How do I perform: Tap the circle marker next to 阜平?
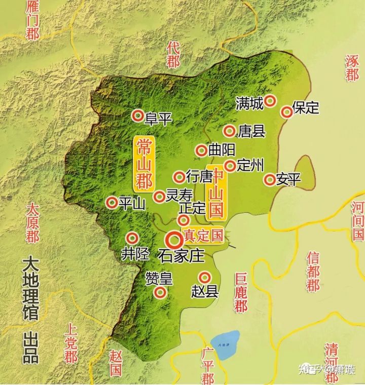(137, 116)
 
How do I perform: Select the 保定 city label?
(306, 108)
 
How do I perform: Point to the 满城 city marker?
(271, 101)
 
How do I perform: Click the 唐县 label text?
(251, 132)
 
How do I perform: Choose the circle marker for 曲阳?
(201, 150)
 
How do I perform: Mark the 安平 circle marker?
(269, 179)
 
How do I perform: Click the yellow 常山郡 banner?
(144, 163)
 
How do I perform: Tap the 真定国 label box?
(203, 236)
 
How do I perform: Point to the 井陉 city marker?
(132, 237)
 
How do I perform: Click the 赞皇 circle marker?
(160, 292)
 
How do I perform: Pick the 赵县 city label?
(205, 292)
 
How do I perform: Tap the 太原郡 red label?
(32, 223)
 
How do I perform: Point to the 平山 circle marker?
(112, 202)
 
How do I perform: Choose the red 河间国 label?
(357, 220)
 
